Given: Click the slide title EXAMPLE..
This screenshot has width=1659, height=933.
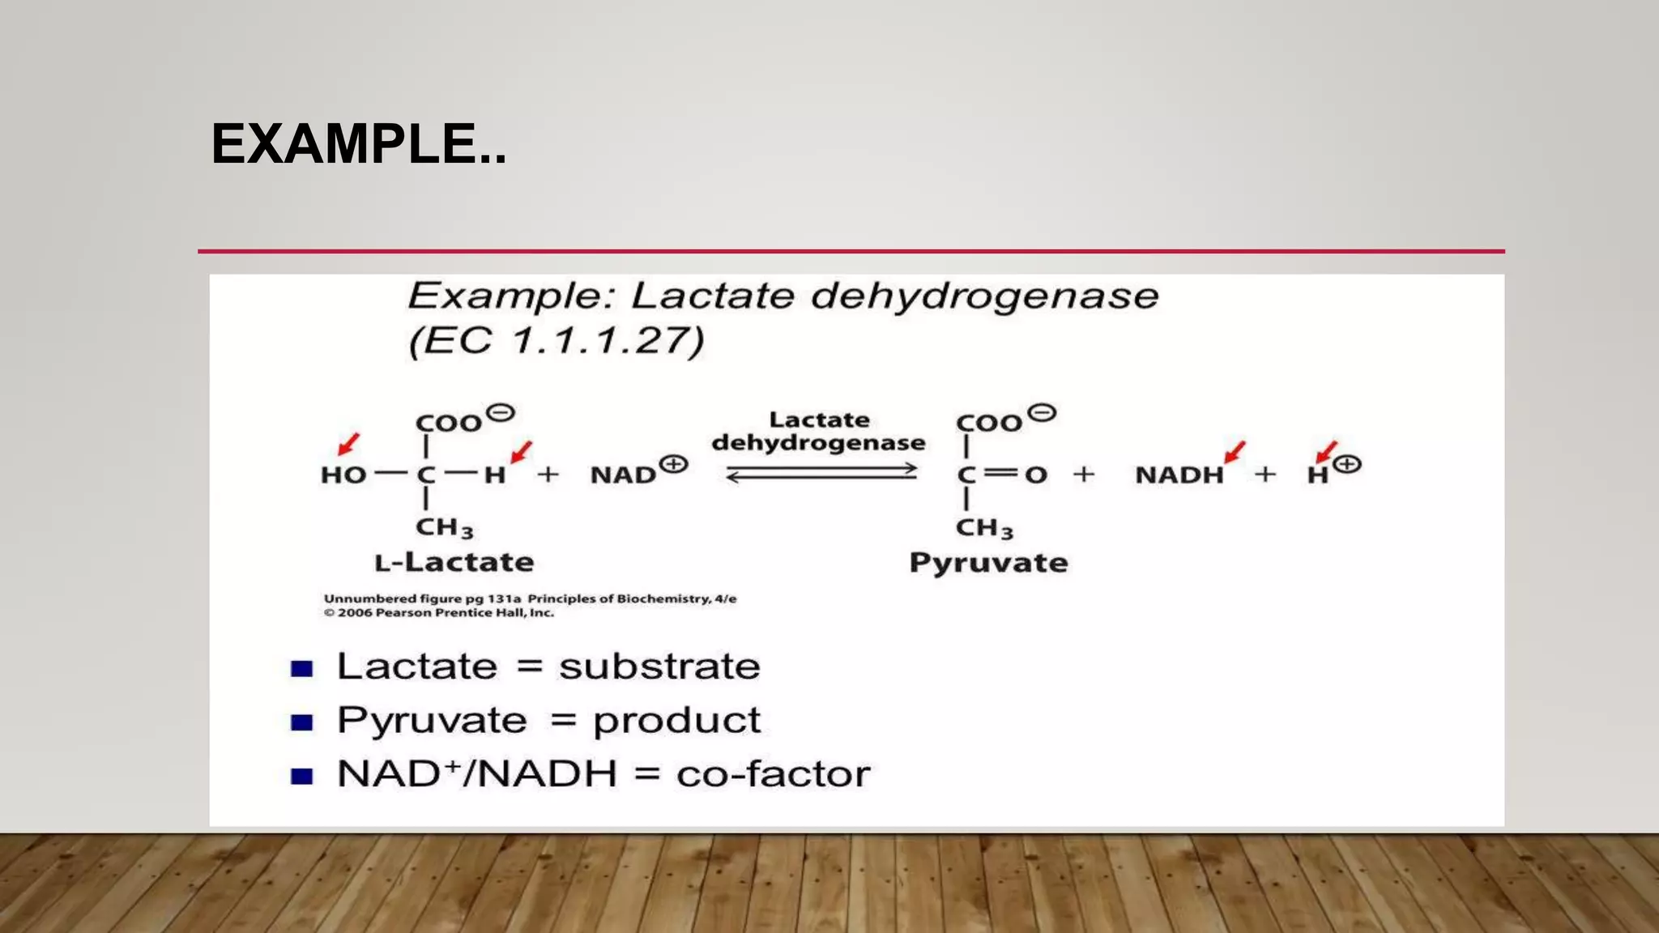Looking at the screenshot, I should coord(358,144).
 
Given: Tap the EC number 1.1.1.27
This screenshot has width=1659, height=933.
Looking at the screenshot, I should coord(608,340).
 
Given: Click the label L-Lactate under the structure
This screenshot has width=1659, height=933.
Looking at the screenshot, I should coord(454,562).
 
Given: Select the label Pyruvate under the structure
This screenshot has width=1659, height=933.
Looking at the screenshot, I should coord(988,563).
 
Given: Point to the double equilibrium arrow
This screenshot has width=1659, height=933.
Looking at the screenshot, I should coord(821,473).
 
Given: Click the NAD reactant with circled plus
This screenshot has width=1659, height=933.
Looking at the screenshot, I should coord(638,471).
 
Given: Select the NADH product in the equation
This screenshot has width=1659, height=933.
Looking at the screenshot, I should coord(1179,475).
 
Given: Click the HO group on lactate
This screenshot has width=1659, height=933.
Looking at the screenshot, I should coord(343,475).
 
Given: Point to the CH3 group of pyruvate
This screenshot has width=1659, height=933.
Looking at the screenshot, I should coord(984,528).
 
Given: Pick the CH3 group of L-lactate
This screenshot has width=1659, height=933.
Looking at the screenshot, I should coord(444,528).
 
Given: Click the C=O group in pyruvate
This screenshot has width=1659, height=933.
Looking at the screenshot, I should coord(1002,475).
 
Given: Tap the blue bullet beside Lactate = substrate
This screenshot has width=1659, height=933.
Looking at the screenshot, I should coord(302,669).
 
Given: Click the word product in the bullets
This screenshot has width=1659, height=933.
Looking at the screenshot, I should coord(676,721).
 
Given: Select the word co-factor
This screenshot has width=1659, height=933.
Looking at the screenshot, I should coord(773,774).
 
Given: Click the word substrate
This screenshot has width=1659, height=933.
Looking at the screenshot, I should coord(659,667).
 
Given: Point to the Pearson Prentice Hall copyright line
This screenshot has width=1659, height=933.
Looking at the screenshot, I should coord(439,613).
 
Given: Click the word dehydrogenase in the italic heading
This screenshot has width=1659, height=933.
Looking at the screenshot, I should coord(984,296).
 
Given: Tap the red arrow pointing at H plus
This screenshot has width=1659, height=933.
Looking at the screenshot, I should coord(1325,452).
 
